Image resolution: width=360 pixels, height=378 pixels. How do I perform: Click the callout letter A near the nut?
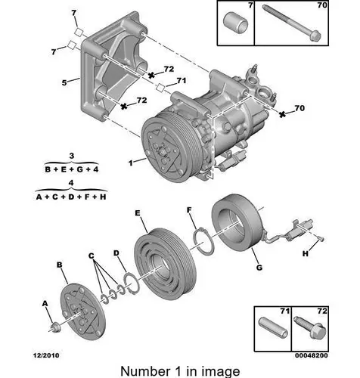45,304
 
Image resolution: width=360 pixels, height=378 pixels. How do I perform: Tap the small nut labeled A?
54,327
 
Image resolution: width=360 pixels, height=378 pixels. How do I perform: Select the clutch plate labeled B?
82,311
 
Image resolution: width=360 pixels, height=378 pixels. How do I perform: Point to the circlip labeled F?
203,241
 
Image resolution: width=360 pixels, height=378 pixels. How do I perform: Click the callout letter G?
259,268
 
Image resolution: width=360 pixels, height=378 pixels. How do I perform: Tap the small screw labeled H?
321,238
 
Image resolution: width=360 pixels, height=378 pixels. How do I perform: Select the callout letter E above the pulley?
138,213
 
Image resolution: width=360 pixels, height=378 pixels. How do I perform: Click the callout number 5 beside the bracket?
64,82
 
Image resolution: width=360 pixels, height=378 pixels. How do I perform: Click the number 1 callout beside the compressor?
130,163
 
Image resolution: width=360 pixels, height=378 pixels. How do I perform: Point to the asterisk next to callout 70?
282,114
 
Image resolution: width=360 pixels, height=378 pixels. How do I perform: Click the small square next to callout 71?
160,87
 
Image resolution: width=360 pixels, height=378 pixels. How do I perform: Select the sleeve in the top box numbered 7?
235,23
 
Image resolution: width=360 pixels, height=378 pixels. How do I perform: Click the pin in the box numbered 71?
273,327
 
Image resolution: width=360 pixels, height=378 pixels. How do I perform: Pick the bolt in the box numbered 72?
310,327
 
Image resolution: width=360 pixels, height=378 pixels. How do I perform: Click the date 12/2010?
46,355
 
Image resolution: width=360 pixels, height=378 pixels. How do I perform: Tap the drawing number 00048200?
312,355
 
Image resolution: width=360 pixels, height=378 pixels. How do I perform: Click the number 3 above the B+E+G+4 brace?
72,156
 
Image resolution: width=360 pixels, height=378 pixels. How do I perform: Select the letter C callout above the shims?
92,256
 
